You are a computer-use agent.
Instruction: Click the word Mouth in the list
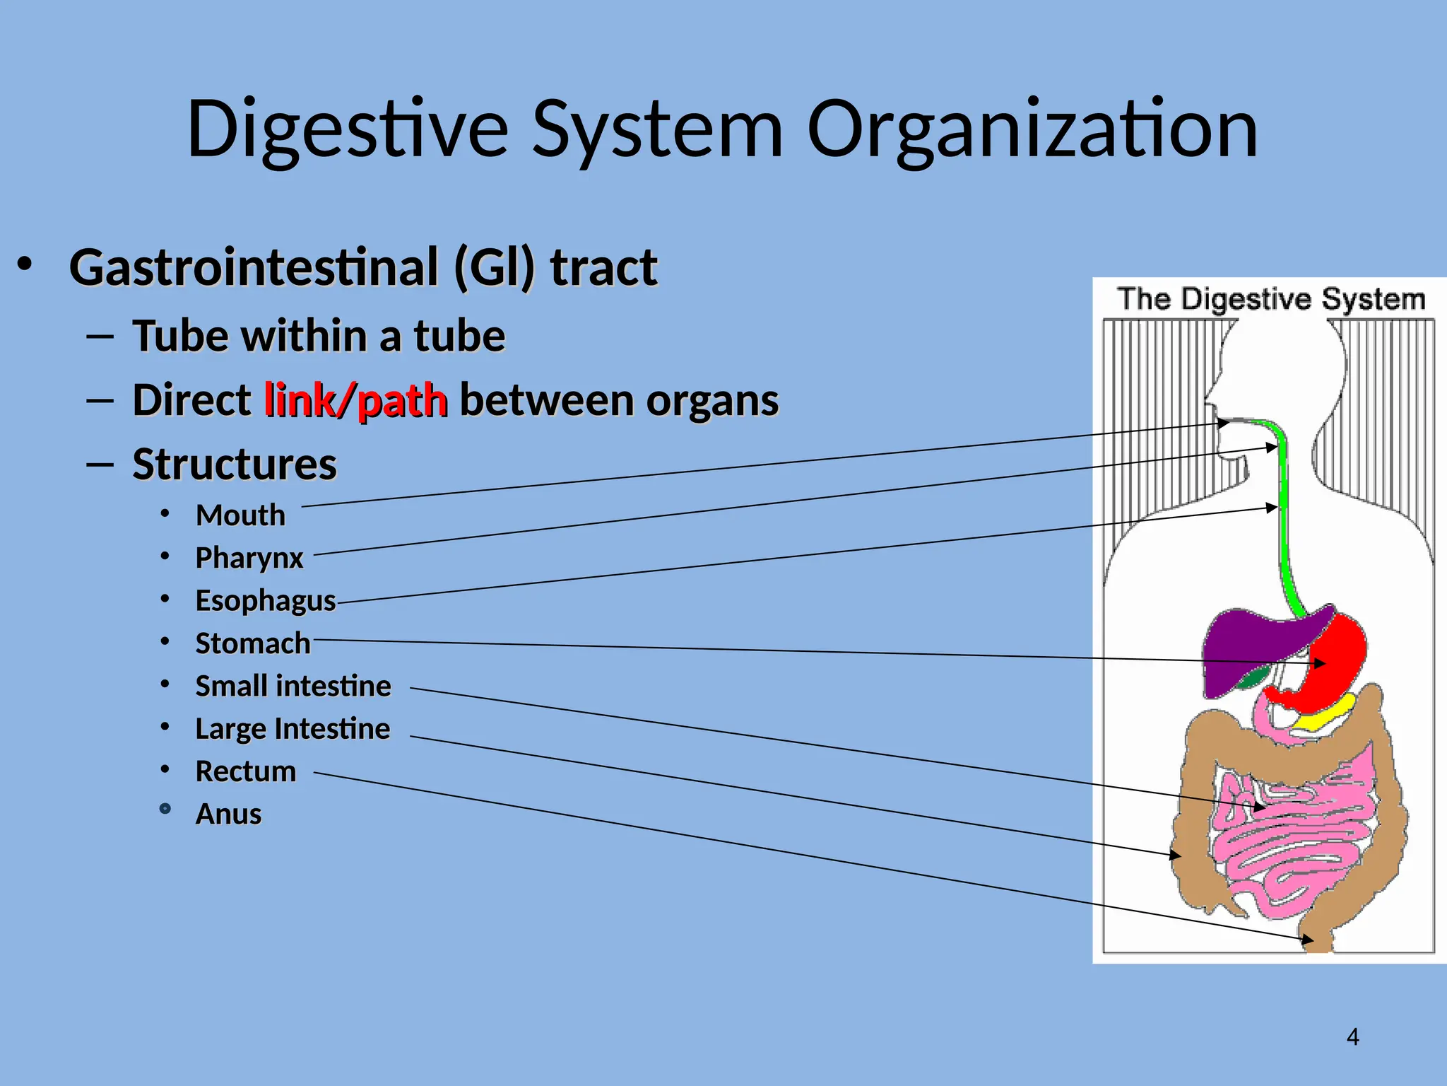coord(240,515)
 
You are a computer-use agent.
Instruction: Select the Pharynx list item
coord(249,558)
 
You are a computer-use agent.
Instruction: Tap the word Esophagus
coord(265,600)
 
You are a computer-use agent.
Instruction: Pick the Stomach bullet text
coord(252,643)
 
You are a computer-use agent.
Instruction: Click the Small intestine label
coord(293,686)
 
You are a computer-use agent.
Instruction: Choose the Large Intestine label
coord(292,728)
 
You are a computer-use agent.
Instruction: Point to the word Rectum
coord(245,771)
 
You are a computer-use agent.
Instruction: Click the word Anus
coord(228,814)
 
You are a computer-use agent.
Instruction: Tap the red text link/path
coord(355,400)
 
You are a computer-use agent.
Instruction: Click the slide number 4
coord(1352,1037)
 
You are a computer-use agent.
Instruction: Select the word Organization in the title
coord(1032,129)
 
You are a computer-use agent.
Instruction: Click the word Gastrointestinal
coord(254,267)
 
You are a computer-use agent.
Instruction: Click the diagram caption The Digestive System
coord(1270,299)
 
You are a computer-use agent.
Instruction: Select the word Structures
coord(235,465)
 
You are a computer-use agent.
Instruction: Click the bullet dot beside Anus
coord(165,809)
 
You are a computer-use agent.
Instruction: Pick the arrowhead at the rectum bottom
coord(1308,940)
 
